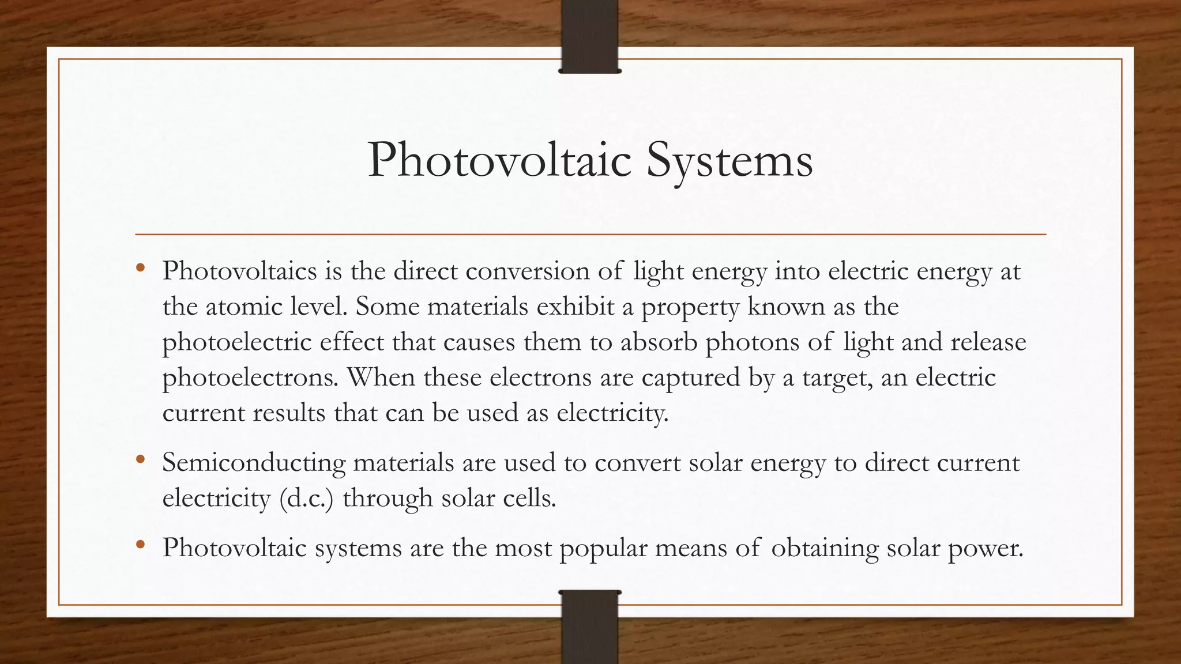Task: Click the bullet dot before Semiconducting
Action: (x=140, y=461)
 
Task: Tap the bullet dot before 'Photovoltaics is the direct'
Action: (x=140, y=269)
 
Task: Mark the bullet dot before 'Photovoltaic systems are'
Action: (x=140, y=545)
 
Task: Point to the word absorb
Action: (x=659, y=342)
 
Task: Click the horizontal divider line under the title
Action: (x=590, y=235)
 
